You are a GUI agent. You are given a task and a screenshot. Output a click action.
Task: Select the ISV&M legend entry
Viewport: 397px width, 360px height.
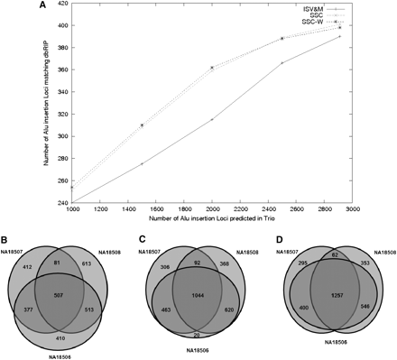coord(339,8)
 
